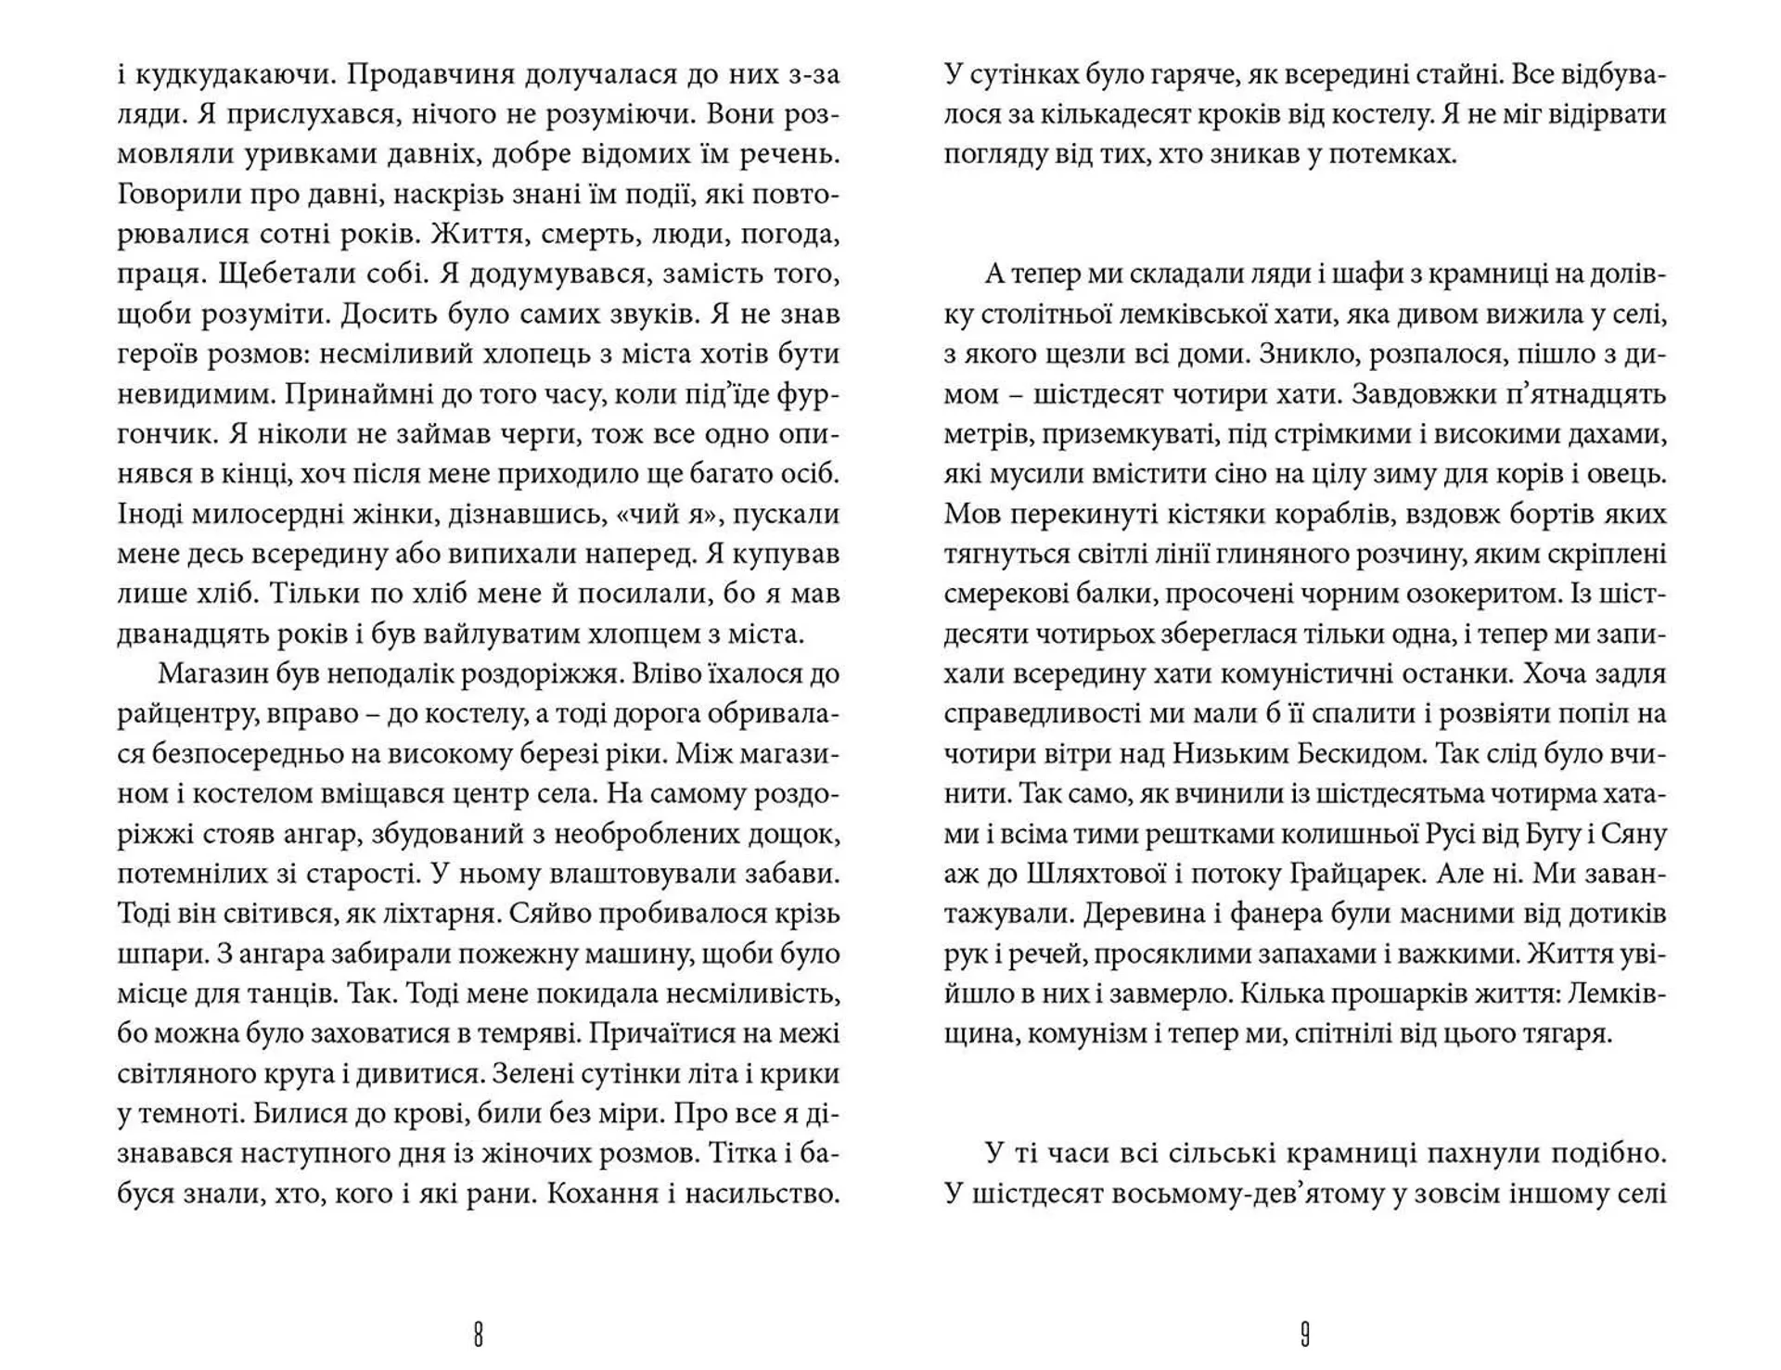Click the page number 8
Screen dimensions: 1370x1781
pyautogui.click(x=478, y=1335)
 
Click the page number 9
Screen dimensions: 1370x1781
pyautogui.click(x=1304, y=1335)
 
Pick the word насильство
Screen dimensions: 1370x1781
pyautogui.click(x=762, y=1194)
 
